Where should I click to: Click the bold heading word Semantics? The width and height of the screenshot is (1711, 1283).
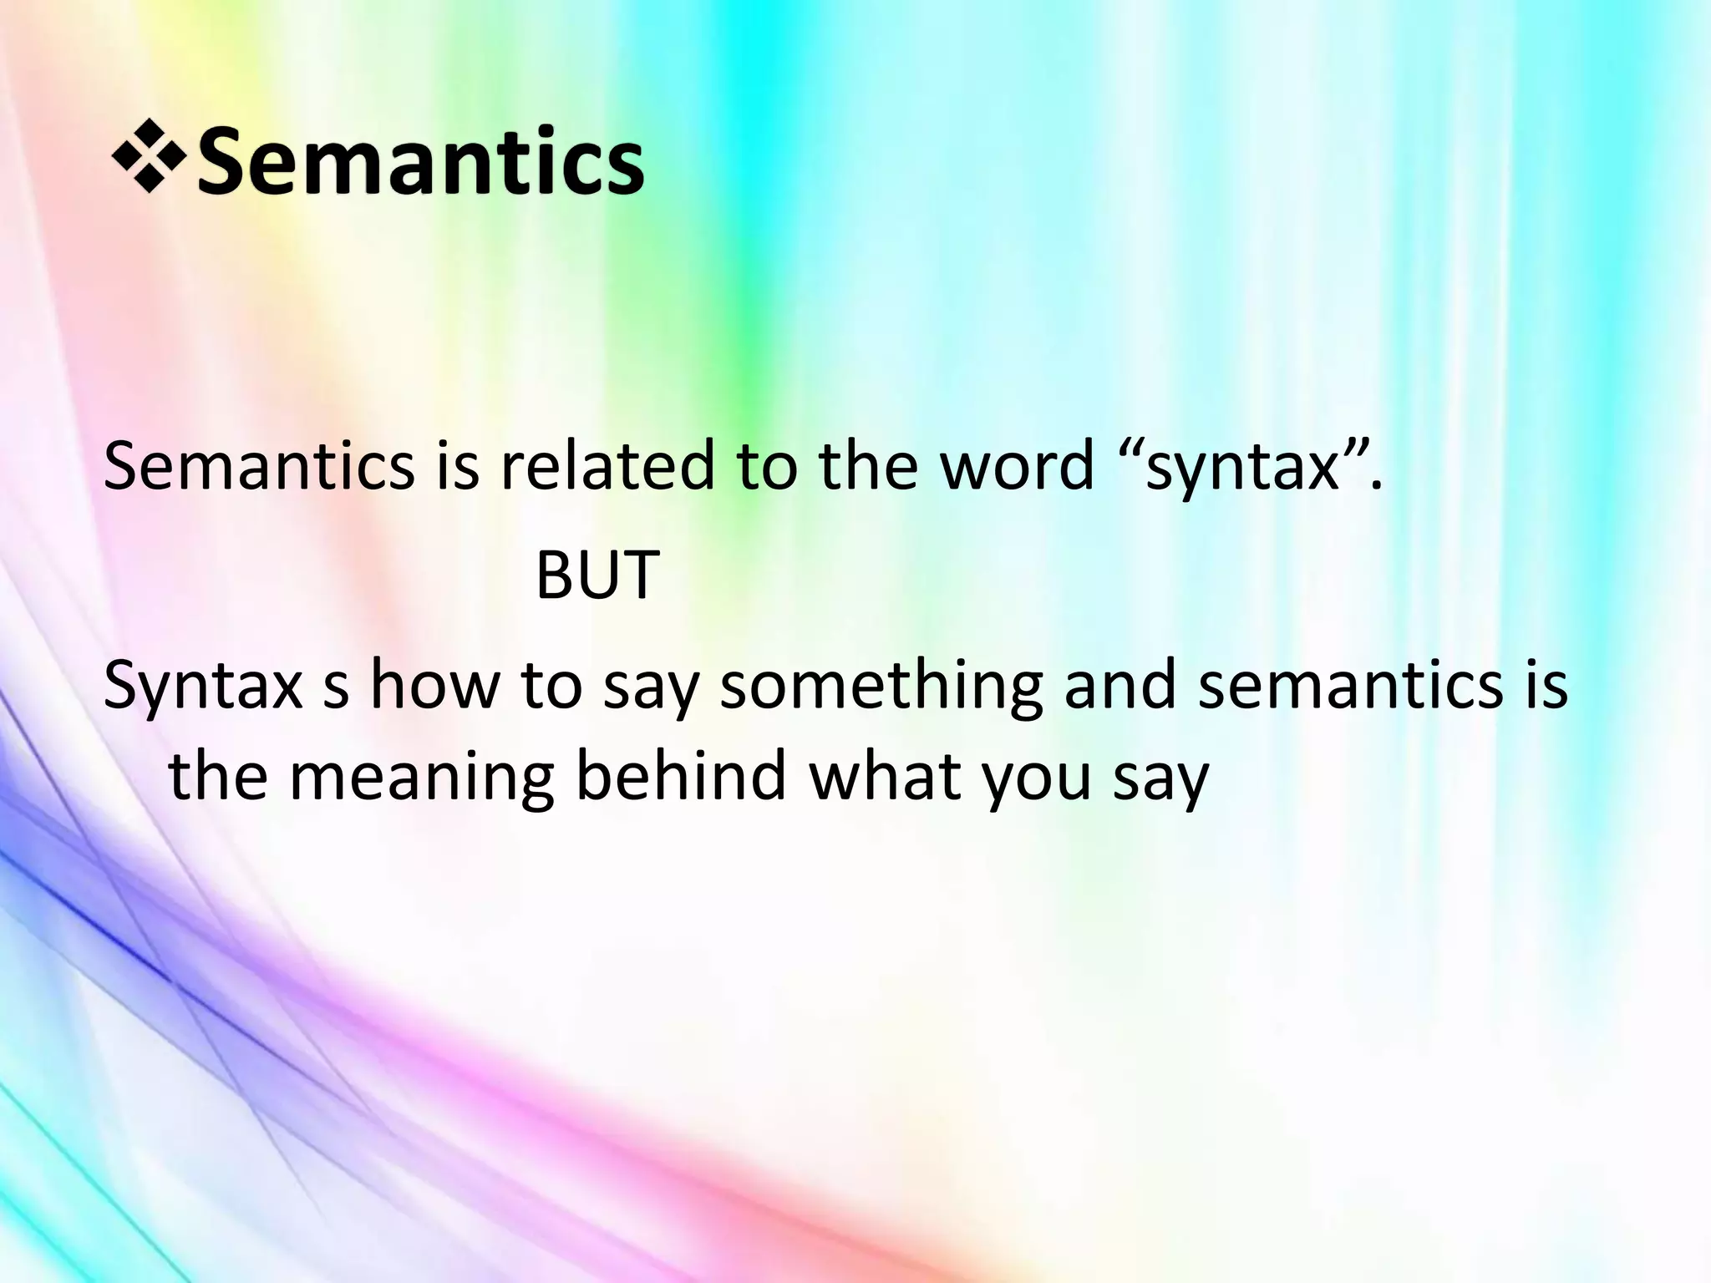(420, 160)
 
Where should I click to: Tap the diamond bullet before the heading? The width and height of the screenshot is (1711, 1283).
(150, 157)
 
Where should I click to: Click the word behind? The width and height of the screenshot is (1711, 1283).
(682, 775)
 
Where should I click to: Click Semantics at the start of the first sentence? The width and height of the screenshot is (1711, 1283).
(258, 465)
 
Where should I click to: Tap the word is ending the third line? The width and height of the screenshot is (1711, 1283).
(1544, 685)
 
